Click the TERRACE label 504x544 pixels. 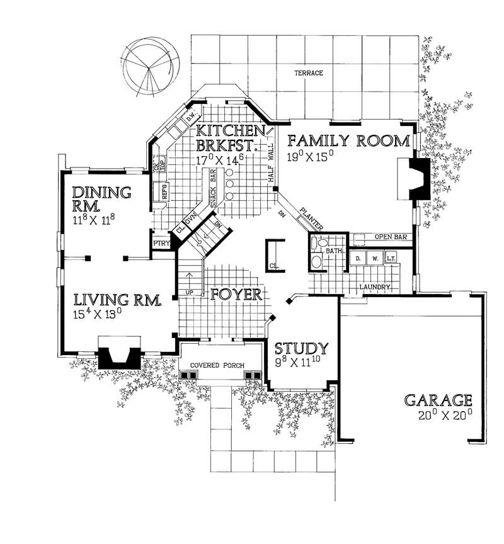(309, 74)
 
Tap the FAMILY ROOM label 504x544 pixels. (346, 140)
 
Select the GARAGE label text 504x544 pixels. (438, 400)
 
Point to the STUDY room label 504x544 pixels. (301, 348)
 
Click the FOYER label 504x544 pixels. (236, 295)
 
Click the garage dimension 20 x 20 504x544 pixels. (444, 416)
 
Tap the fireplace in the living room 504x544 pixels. (119, 356)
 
